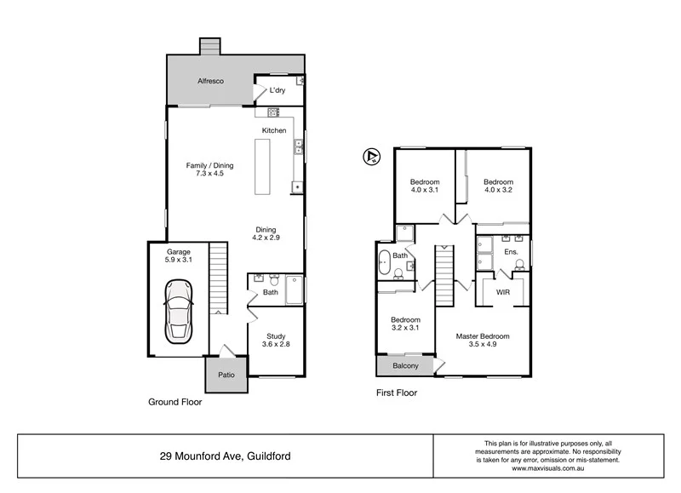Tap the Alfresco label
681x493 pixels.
click(210, 81)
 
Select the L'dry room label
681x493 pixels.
click(278, 91)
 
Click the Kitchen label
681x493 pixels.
click(274, 130)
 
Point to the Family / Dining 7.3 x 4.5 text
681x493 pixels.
click(209, 170)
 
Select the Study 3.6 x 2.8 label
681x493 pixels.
click(275, 341)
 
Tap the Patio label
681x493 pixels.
click(226, 375)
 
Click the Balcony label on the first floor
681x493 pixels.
click(404, 367)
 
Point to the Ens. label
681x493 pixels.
click(511, 252)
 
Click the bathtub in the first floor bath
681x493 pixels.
click(384, 262)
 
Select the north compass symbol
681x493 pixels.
click(370, 156)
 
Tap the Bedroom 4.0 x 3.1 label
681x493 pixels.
click(425, 186)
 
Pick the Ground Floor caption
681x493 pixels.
click(175, 402)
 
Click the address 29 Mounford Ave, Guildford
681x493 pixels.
click(226, 456)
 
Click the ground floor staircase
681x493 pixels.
click(219, 277)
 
